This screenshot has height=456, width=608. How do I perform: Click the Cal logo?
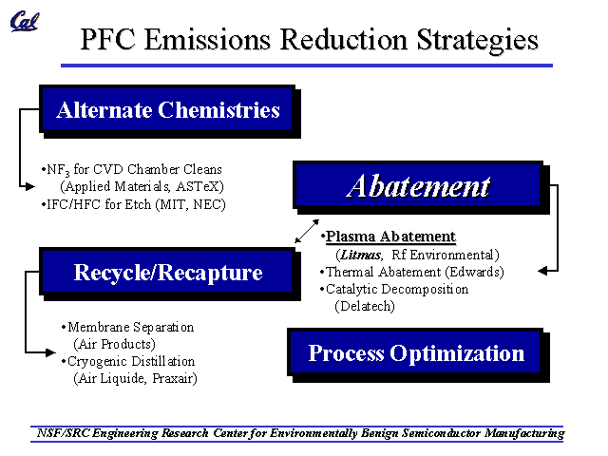tap(25, 21)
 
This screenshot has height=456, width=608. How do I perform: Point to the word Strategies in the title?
tap(477, 41)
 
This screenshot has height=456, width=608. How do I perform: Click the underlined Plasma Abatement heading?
tap(390, 237)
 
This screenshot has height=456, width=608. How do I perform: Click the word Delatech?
tap(364, 306)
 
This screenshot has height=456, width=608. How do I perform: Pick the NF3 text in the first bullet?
tap(58, 170)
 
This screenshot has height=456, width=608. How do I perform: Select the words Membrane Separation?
tap(131, 328)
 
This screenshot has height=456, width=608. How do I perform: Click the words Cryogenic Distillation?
tap(131, 362)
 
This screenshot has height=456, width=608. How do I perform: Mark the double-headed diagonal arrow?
tap(307, 231)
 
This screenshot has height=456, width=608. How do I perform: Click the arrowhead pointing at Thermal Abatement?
tap(542, 271)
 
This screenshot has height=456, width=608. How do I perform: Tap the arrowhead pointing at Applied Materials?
tap(29, 186)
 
